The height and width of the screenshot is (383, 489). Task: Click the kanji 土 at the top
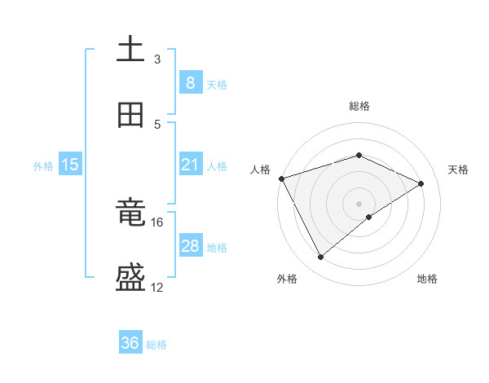point(130,50)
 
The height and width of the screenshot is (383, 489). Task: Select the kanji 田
point(130,116)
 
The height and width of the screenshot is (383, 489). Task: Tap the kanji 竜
point(130,213)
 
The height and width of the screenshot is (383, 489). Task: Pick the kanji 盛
point(130,279)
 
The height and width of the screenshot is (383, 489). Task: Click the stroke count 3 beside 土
point(157,59)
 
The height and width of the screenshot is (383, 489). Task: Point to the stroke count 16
point(157,222)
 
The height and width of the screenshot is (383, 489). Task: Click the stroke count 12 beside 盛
point(157,288)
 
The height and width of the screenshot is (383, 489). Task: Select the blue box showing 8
point(190,83)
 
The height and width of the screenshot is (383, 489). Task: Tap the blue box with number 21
point(190,165)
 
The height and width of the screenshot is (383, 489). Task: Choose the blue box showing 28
point(190,246)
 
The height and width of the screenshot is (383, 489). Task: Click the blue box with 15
point(70,165)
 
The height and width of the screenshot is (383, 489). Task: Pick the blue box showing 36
point(130,343)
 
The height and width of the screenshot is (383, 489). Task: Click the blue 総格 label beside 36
point(156,345)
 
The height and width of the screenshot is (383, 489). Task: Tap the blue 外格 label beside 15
point(43,166)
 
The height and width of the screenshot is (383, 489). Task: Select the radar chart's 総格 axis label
point(359,106)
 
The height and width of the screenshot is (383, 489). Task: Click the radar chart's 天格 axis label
point(458,169)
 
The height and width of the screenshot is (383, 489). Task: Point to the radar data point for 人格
point(281,178)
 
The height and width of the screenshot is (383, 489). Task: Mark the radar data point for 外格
point(321,258)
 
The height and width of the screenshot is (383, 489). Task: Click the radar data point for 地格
point(369,217)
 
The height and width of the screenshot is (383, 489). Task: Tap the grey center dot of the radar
point(359,203)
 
